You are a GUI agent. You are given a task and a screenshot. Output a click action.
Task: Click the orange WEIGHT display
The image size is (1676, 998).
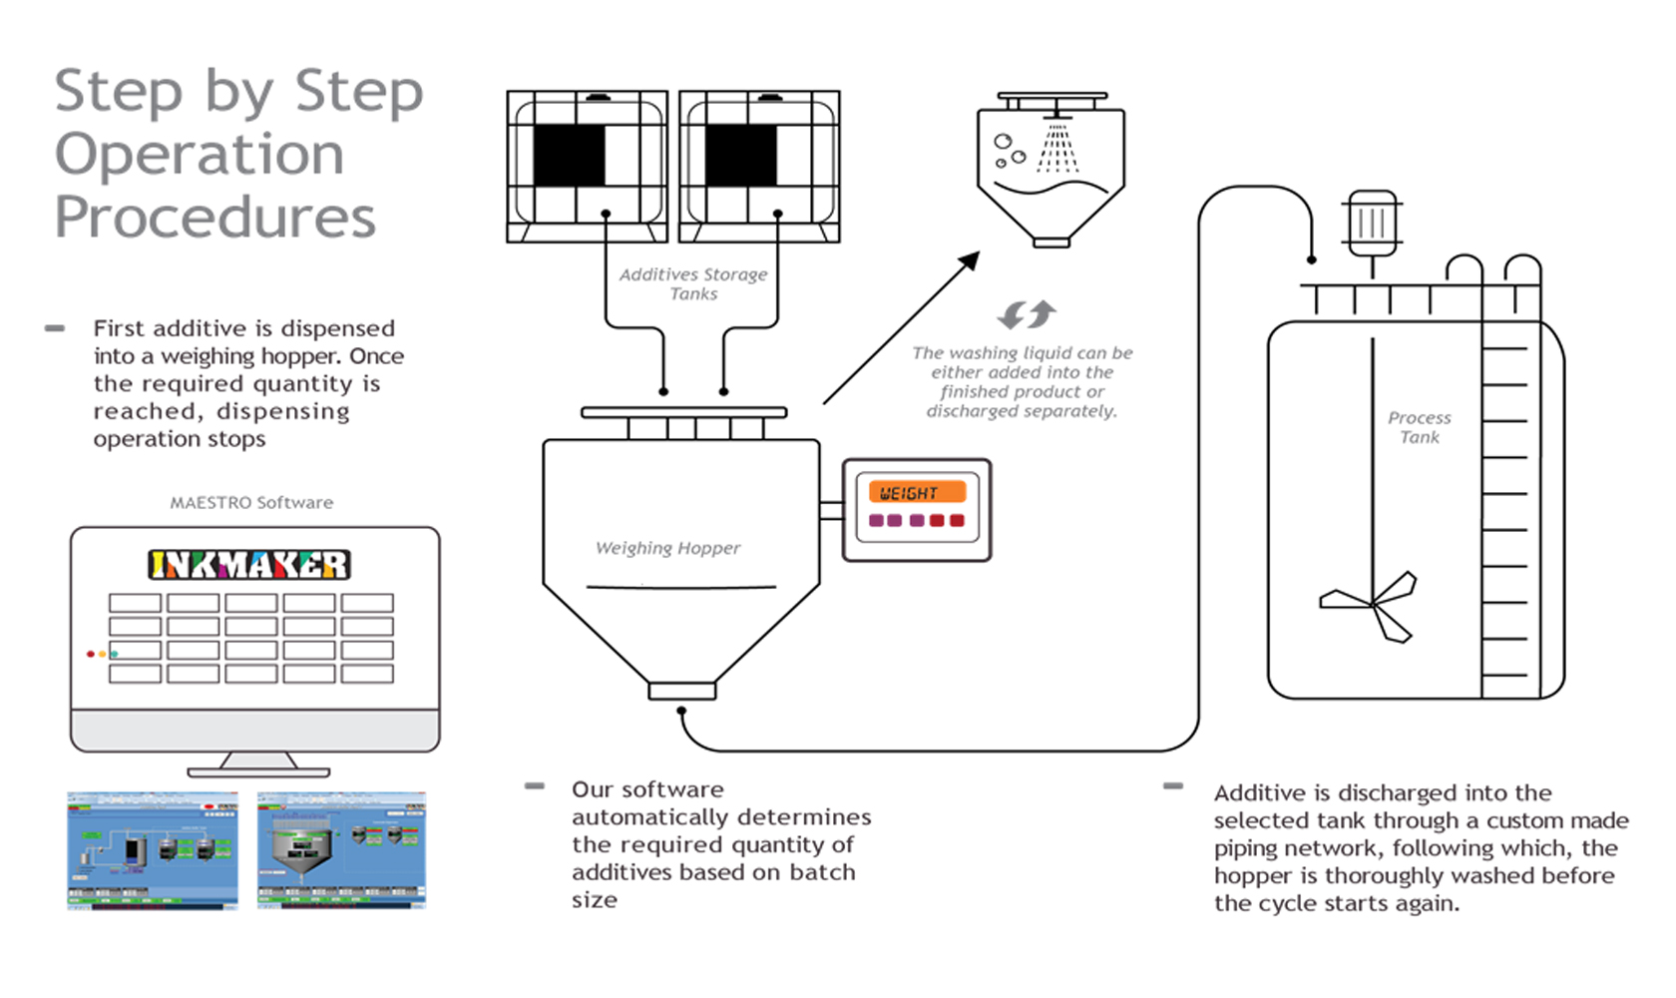pyautogui.click(x=917, y=492)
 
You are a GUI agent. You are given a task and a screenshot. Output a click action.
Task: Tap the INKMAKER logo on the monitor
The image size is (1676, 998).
pyautogui.click(x=249, y=565)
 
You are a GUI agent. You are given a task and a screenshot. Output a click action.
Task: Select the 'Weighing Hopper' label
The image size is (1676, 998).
pyautogui.click(x=667, y=548)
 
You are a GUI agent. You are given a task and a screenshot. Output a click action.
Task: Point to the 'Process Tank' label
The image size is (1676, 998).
pyautogui.click(x=1419, y=427)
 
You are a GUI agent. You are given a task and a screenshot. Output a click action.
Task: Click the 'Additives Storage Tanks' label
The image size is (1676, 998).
pyautogui.click(x=693, y=283)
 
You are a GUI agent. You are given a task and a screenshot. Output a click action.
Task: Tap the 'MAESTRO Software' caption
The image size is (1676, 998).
pyautogui.click(x=251, y=503)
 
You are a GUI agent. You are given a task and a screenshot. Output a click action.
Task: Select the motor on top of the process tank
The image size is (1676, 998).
pyautogui.click(x=1373, y=222)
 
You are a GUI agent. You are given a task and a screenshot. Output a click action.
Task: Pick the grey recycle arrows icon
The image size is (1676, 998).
pyautogui.click(x=1027, y=314)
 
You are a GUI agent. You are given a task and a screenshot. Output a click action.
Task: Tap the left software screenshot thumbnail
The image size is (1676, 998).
pyautogui.click(x=153, y=850)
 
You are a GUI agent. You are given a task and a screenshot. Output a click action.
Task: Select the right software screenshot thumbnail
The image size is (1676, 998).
pyautogui.click(x=341, y=850)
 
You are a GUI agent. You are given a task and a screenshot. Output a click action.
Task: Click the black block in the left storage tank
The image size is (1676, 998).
pyautogui.click(x=569, y=155)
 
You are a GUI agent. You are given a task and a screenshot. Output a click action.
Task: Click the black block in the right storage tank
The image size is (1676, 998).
pyautogui.click(x=740, y=155)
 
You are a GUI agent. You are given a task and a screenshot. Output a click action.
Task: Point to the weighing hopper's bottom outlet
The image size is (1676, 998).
pyautogui.click(x=681, y=691)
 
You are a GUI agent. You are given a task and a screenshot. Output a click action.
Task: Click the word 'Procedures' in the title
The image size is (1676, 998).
pyautogui.click(x=215, y=218)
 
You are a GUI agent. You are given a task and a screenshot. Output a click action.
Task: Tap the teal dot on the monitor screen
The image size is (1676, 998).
pyautogui.click(x=115, y=654)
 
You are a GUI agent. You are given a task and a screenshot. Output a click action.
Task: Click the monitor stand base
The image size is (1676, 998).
pyautogui.click(x=258, y=771)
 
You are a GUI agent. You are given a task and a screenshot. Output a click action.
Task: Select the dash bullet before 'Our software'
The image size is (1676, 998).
pyautogui.click(x=535, y=786)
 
